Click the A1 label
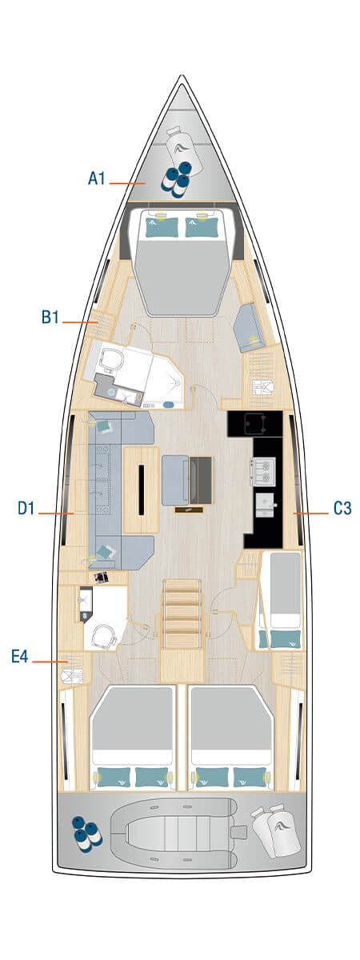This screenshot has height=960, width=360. coord(97,178)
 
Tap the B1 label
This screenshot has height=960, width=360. coord(50,318)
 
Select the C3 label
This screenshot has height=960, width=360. coord(342,508)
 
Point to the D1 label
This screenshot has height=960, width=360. coord(26,508)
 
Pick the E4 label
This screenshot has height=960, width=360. coord(20,656)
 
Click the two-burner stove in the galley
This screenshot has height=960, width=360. coord(262,471)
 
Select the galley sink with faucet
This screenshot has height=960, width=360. coord(266,505)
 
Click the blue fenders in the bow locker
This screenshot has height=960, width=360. coord(177,178)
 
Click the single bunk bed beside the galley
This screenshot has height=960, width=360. coord(280,600)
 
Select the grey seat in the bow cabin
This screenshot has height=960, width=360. coord(250,327)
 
